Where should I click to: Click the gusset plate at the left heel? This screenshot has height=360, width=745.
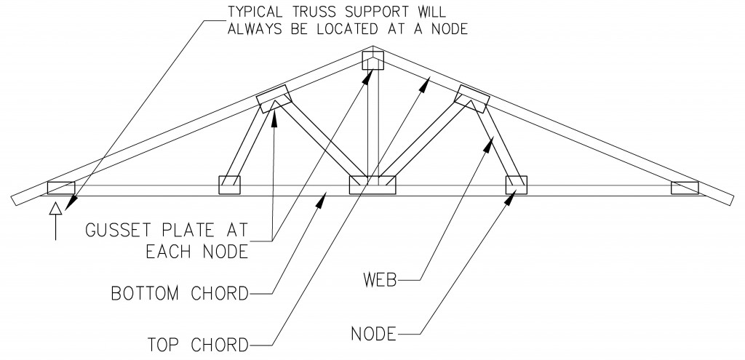pos(61,188)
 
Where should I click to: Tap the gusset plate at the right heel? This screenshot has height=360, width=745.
pos(685,188)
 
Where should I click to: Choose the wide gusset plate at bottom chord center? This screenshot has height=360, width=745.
pos(372,185)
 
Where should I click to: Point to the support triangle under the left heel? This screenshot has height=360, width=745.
pos(55,210)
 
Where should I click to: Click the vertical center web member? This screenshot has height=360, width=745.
pos(372,124)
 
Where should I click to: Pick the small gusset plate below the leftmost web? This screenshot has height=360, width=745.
pos(229,185)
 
